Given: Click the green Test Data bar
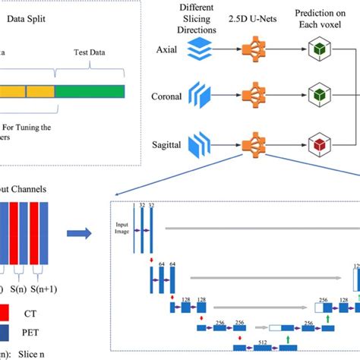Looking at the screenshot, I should tap(90, 91).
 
